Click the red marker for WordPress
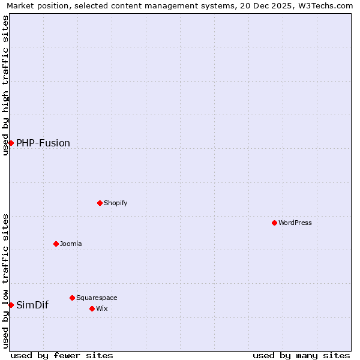[x=274, y=223]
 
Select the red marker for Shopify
[x=100, y=203]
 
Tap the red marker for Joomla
[x=56, y=244]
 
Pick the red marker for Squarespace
[x=72, y=298]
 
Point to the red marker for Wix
[x=92, y=308]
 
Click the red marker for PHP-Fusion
[x=11, y=143]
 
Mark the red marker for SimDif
[x=11, y=305]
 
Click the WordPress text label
[x=295, y=223]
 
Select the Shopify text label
[x=116, y=203]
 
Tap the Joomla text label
[x=71, y=244]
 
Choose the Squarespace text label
[x=97, y=298]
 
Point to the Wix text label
[x=102, y=308]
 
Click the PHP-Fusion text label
[x=43, y=143]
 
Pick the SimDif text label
[x=32, y=305]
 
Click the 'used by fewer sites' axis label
[x=62, y=355]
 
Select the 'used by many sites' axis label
[x=301, y=355]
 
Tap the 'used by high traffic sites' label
[x=5, y=85]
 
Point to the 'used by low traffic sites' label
[x=5, y=281]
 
